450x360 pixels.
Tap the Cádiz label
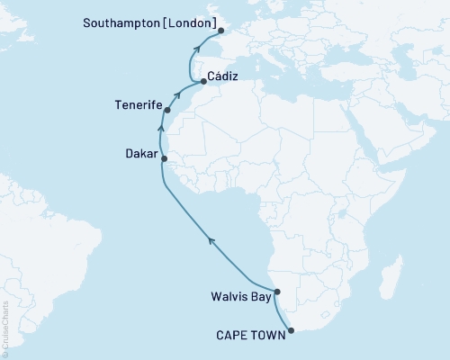[223, 78]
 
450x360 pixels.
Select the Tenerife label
[138, 105]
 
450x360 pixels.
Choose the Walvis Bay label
[238, 293]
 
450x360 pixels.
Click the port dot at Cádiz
[202, 82]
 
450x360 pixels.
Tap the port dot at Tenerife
[167, 112]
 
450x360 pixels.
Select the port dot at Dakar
[164, 158]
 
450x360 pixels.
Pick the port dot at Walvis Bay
[277, 292]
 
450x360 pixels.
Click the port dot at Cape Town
[291, 330]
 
